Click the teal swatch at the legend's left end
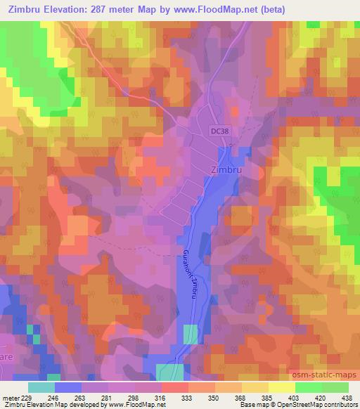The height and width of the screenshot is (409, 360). click(x=41, y=387)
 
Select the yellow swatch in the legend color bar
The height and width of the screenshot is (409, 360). click(x=281, y=387)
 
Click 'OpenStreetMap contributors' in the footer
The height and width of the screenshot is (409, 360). click(x=320, y=405)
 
